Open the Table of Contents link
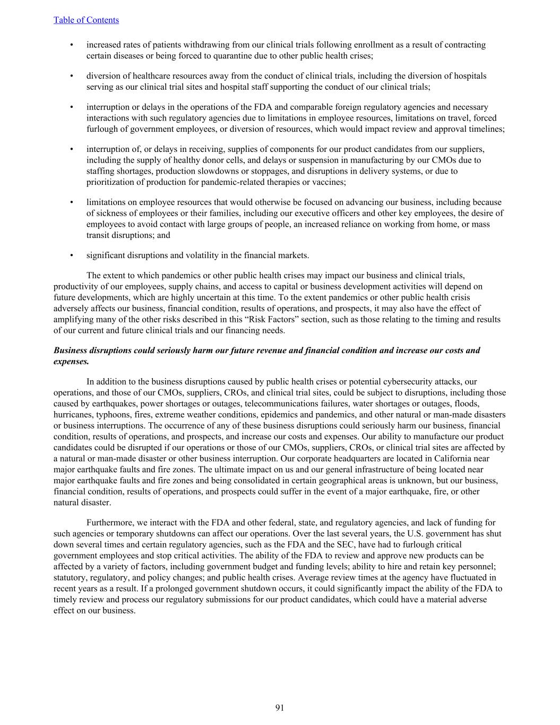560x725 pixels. (86, 20)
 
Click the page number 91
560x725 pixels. (280, 707)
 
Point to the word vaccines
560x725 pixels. (329, 182)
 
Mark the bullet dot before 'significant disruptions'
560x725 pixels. (72, 255)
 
